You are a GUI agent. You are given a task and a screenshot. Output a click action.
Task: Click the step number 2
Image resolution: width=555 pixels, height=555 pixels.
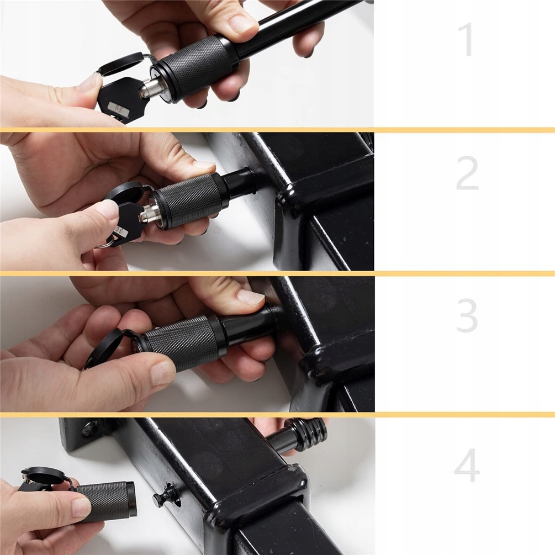[x=467, y=173]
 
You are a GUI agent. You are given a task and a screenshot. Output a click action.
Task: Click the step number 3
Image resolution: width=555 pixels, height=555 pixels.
[x=467, y=315]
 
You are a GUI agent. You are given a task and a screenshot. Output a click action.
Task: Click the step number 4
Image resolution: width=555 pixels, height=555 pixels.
[x=467, y=464]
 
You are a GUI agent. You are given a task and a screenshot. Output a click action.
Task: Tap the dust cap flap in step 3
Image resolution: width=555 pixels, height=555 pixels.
[x=103, y=347]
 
